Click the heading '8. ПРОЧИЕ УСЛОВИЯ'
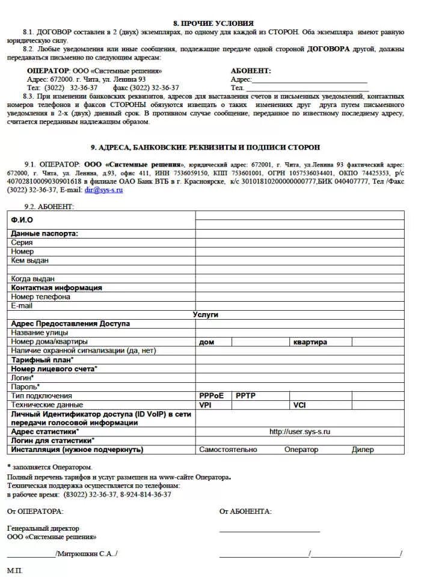click(x=209, y=23)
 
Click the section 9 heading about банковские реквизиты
click(x=205, y=147)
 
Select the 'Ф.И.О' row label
click(x=22, y=220)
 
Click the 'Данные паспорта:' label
click(x=45, y=234)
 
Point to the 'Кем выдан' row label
click(x=30, y=261)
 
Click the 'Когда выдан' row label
click(x=33, y=279)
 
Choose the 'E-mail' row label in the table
click(x=22, y=306)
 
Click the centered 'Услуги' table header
click(x=206, y=315)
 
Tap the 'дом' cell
click(x=206, y=342)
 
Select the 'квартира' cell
click(x=310, y=342)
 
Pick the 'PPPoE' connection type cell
click(x=211, y=396)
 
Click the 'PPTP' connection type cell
click(x=246, y=396)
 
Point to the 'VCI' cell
click(x=300, y=405)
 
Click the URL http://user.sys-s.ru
click(x=300, y=432)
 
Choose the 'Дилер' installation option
click(x=363, y=450)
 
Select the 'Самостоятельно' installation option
click(x=228, y=450)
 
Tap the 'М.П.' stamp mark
click(x=14, y=570)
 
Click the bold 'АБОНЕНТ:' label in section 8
click(x=251, y=70)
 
